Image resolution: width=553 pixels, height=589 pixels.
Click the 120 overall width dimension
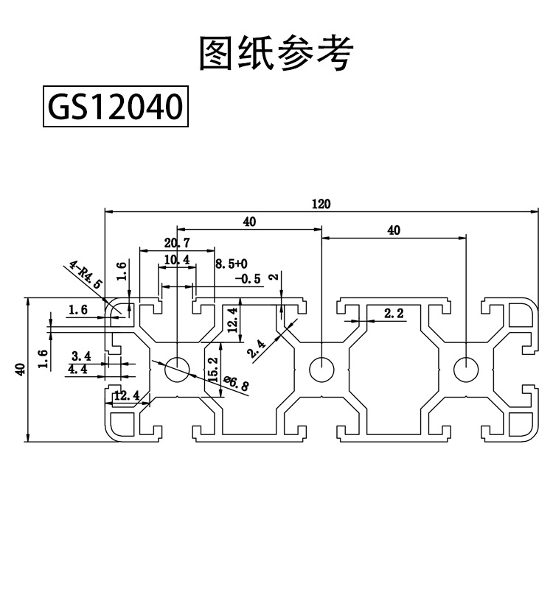[x=321, y=204]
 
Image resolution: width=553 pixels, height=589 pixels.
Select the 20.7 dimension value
[x=177, y=243]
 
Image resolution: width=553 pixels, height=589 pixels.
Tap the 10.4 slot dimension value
[x=177, y=260]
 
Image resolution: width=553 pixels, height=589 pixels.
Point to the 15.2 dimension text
[x=213, y=370]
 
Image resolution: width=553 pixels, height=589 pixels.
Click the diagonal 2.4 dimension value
[x=256, y=348]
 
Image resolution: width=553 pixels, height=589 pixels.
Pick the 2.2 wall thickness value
[x=394, y=313]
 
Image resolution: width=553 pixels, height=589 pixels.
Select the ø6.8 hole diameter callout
[x=236, y=384]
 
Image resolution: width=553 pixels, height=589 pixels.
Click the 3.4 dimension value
[x=81, y=356]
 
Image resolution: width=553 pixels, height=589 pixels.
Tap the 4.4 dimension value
[x=78, y=369]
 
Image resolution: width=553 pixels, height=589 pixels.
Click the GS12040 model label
[x=116, y=106]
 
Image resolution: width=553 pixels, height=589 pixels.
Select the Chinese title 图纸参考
[x=276, y=52]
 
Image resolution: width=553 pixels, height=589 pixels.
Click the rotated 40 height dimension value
[x=21, y=369]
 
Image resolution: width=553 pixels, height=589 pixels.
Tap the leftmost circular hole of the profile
[x=177, y=369]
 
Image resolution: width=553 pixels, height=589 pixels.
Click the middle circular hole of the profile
[x=321, y=369]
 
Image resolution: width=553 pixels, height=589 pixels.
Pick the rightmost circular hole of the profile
[x=466, y=369]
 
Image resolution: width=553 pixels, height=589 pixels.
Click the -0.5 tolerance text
[x=248, y=279]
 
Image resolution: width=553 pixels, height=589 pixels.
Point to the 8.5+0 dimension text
[x=232, y=264]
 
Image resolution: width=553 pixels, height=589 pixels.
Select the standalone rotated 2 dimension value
[x=275, y=277]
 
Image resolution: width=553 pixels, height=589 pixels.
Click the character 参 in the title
[x=296, y=52]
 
